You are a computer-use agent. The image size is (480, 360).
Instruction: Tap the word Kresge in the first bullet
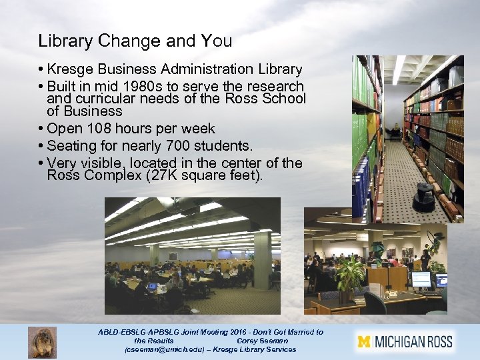69,69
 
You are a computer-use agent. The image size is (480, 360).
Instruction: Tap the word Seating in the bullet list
69,145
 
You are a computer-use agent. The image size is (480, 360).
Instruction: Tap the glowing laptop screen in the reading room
152,286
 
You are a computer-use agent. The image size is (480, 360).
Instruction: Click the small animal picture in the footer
42,342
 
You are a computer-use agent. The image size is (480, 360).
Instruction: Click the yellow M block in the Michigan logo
364,342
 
